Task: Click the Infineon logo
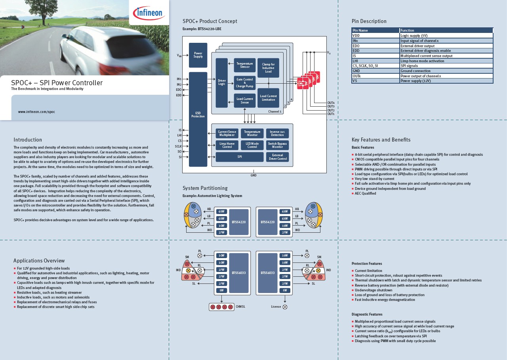click(x=149, y=13)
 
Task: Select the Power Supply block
click(x=198, y=55)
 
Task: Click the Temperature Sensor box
click(x=244, y=65)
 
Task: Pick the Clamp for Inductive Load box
click(x=268, y=68)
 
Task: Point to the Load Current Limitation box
click(x=268, y=98)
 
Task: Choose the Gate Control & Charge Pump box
click(x=244, y=83)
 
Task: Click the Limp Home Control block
click(x=227, y=145)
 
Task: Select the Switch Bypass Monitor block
click(x=277, y=145)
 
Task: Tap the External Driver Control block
click(x=277, y=157)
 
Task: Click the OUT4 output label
click(x=331, y=103)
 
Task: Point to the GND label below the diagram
click(x=253, y=175)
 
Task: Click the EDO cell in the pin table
click(x=375, y=46)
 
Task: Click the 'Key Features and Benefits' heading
click(x=381, y=140)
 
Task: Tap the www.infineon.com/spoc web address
click(x=36, y=112)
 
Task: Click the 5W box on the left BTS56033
click(x=221, y=290)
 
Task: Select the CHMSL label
click(x=240, y=307)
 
